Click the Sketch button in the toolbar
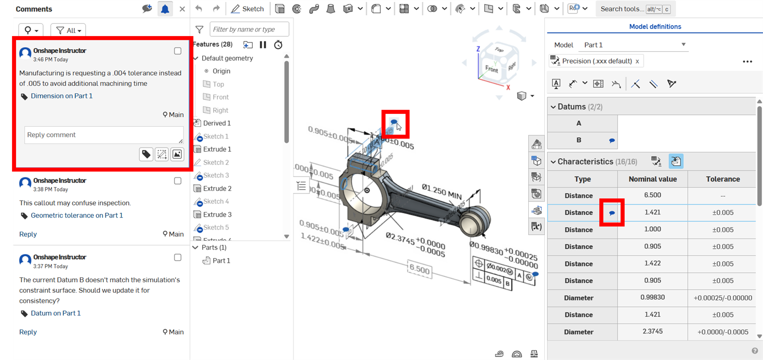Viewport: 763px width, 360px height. pos(247,9)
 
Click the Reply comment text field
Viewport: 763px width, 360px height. pos(103,135)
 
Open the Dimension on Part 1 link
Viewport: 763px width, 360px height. pos(62,96)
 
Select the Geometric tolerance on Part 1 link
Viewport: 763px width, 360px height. pos(77,215)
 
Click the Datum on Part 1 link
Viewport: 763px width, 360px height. pos(56,313)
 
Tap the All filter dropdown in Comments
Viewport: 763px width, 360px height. pos(68,31)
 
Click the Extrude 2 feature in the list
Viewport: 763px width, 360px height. pos(217,189)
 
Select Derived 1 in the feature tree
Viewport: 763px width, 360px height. pos(217,123)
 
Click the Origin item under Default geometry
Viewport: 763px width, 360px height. pos(221,71)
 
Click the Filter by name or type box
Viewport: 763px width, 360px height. pos(249,30)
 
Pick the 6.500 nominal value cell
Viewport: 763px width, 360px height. pos(652,196)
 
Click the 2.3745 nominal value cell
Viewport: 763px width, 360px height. pos(652,332)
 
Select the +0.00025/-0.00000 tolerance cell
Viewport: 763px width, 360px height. pos(722,298)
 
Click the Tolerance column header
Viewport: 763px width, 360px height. pos(722,179)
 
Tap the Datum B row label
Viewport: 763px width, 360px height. pos(578,140)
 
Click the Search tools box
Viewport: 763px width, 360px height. pos(635,9)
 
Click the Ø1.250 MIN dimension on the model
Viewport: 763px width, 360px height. pos(441,191)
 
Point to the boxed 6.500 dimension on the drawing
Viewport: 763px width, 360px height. pos(419,270)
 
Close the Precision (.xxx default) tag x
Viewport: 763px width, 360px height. pos(637,61)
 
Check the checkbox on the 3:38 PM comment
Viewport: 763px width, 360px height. pos(178,181)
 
